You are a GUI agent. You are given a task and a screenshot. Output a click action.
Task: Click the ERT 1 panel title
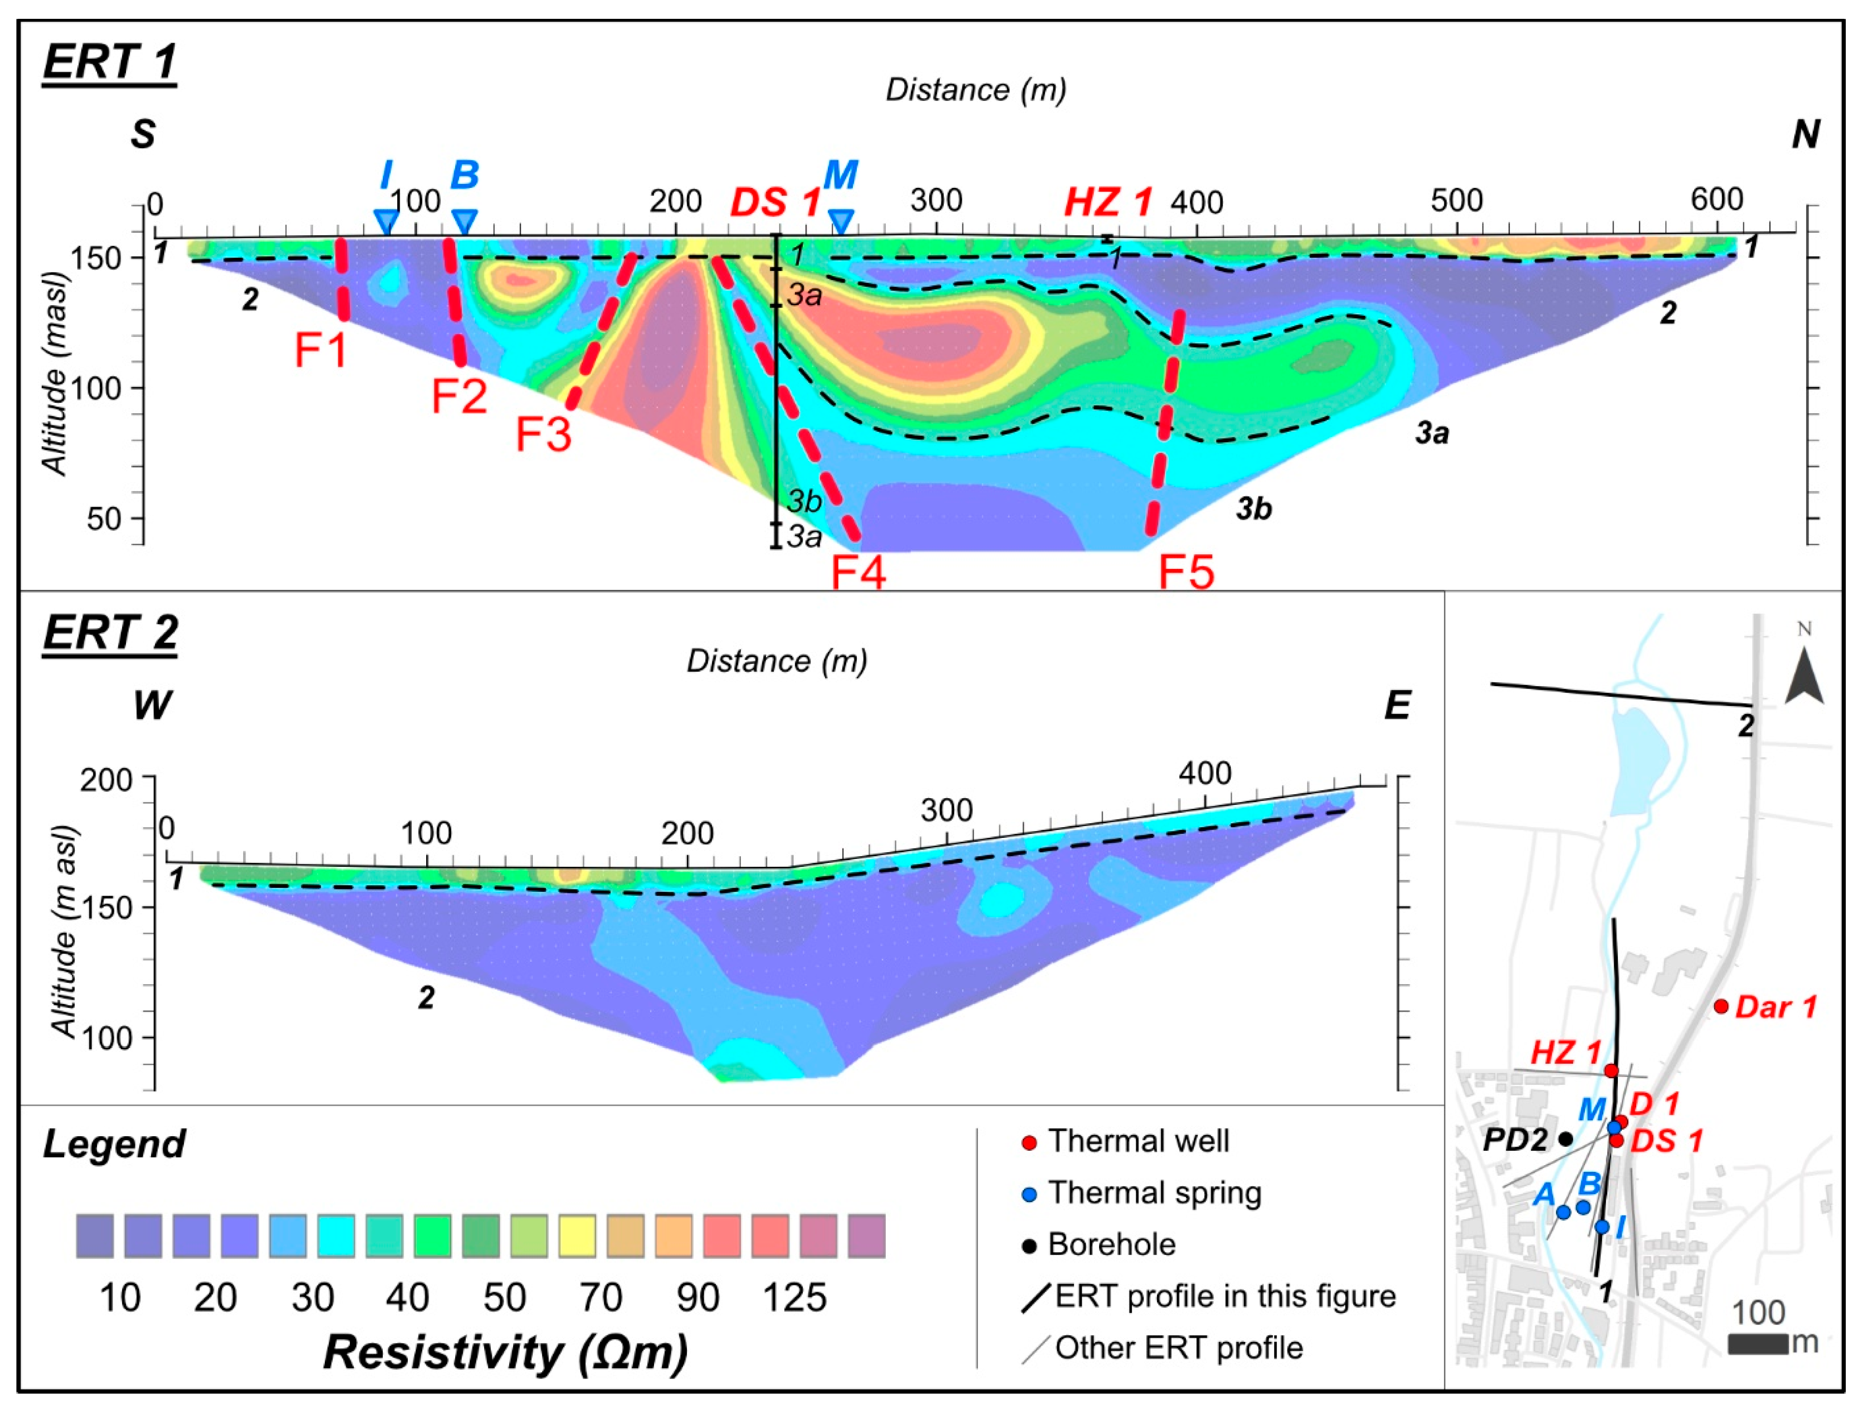pyautogui.click(x=110, y=62)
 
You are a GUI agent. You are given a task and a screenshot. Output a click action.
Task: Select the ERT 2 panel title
pyautogui.click(x=111, y=633)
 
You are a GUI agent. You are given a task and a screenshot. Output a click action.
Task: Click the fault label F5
pyautogui.click(x=1186, y=573)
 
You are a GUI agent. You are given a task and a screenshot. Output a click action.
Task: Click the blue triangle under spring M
pyautogui.click(x=841, y=221)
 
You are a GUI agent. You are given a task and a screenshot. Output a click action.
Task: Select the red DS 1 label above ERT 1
pyautogui.click(x=775, y=203)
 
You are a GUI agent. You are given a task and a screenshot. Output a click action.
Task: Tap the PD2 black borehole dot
pyautogui.click(x=1566, y=1138)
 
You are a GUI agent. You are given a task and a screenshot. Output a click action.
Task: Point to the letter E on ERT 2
pyautogui.click(x=1397, y=705)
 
